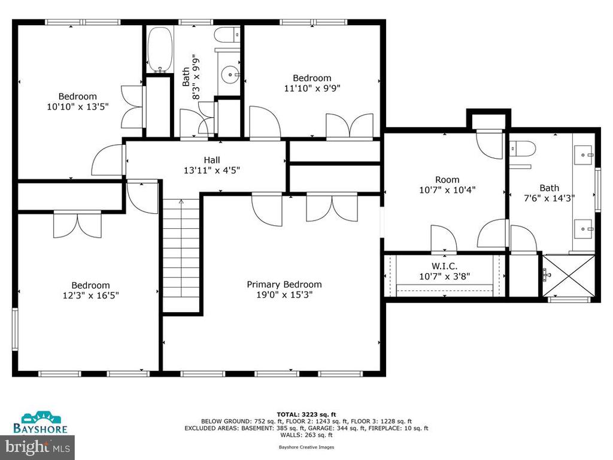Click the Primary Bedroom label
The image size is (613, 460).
(x=284, y=285)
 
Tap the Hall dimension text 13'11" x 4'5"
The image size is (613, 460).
(x=211, y=170)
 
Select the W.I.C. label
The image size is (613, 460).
(x=445, y=267)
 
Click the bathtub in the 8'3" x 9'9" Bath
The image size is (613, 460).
(x=159, y=50)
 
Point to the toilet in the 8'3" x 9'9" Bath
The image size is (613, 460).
(x=227, y=34)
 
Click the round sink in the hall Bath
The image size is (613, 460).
(x=231, y=74)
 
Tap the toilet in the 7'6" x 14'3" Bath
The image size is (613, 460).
(x=522, y=149)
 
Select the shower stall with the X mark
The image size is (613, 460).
(x=569, y=276)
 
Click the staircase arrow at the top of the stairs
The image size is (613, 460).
(x=181, y=202)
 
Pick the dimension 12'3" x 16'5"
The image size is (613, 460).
(x=91, y=295)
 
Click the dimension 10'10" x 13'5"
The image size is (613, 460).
(x=77, y=107)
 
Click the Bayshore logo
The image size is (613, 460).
(x=40, y=422)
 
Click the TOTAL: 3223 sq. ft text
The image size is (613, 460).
(x=306, y=414)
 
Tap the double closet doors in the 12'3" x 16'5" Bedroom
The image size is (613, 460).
(x=77, y=225)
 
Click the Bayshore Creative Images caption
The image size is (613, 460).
(x=306, y=447)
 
